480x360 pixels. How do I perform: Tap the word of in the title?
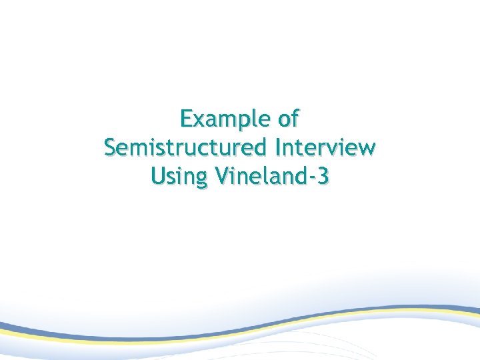click(287, 119)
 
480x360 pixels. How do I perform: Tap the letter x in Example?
click(200, 121)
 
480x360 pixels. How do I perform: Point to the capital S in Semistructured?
click(111, 147)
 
